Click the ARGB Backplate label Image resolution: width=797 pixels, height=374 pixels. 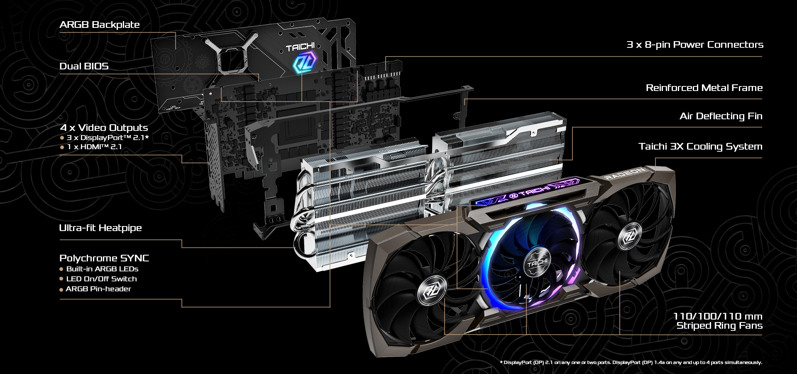pos(99,25)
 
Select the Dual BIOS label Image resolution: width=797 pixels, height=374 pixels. pos(84,66)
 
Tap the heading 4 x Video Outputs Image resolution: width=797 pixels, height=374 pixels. pos(104,128)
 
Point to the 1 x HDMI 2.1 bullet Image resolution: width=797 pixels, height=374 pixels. pos(91,147)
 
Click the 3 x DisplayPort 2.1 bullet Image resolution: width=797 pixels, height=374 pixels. pos(104,138)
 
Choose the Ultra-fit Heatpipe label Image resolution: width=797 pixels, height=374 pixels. pos(100,228)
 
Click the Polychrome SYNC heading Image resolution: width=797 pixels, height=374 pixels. pos(104,258)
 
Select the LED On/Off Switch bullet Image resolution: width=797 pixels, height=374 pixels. pos(98,279)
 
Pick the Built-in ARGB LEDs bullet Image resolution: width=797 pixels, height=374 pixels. pos(99,269)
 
